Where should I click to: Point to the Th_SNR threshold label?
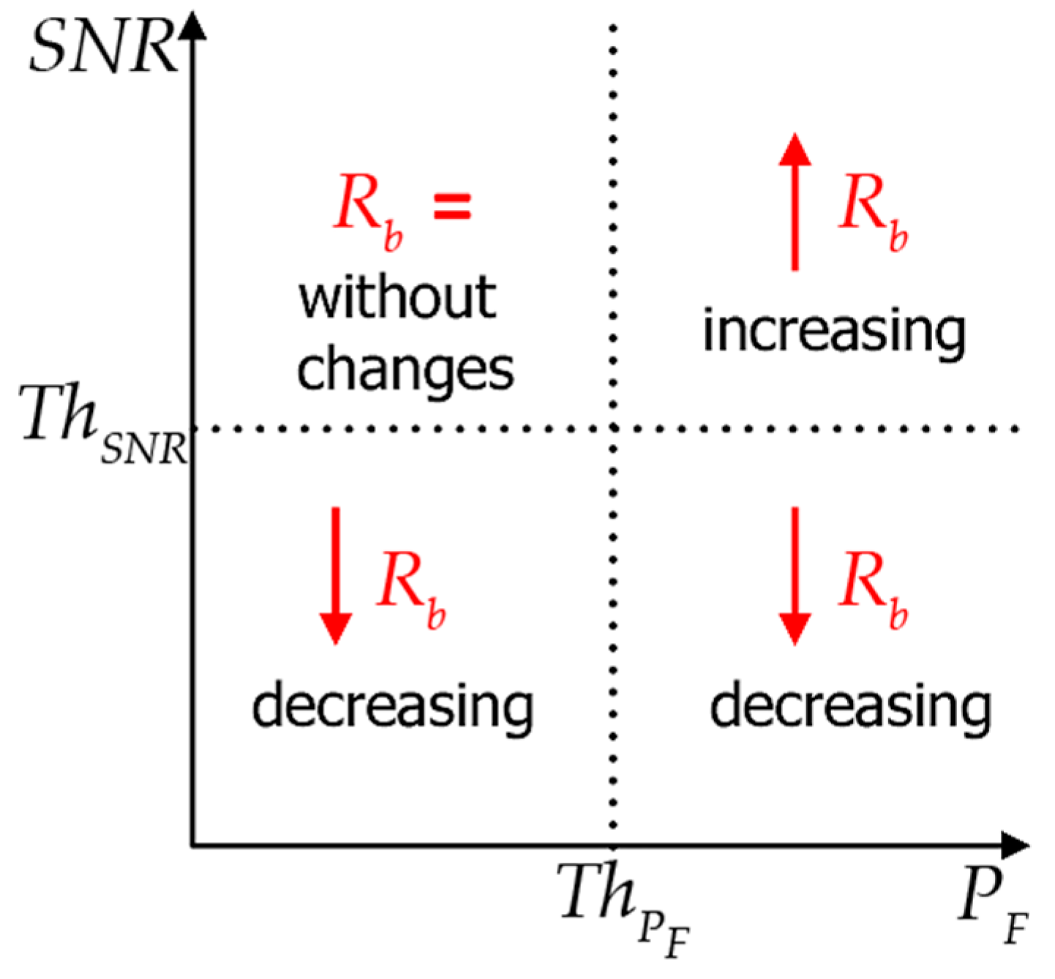(x=102, y=424)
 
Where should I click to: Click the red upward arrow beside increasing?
(x=795, y=201)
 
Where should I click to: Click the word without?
(x=397, y=298)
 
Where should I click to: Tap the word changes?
(x=405, y=370)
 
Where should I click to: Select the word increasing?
(x=834, y=331)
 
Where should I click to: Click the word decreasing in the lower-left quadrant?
(x=392, y=706)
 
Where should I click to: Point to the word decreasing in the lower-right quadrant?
(x=850, y=706)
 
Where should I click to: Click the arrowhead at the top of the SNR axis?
(x=192, y=26)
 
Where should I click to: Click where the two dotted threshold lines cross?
(x=613, y=429)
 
